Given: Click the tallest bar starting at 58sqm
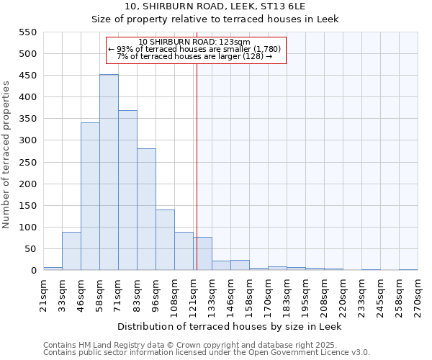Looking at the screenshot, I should tap(109, 173).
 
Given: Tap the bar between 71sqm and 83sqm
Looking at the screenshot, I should tap(127, 191).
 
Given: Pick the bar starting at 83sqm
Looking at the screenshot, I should tap(146, 210).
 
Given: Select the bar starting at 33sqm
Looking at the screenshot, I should tap(71, 251).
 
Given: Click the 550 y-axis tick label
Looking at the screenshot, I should tap(27, 32).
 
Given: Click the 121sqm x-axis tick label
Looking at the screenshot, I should tap(193, 293).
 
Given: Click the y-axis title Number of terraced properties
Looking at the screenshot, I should tap(6, 155).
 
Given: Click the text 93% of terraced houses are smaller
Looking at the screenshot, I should tap(194, 49).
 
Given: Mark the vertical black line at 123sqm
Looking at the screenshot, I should tap(197, 166).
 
